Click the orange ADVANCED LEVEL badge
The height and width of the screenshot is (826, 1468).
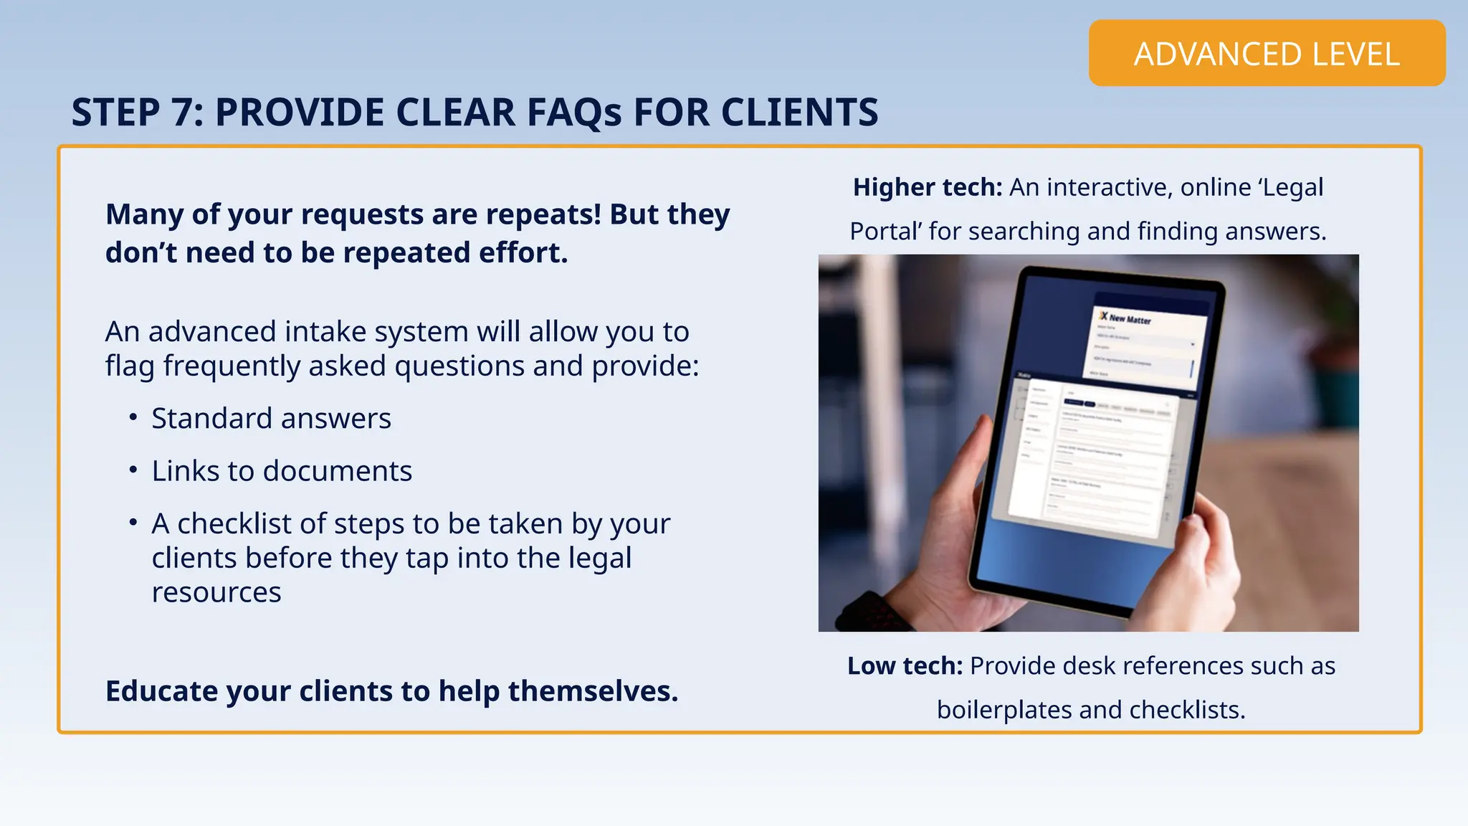pos(1267,54)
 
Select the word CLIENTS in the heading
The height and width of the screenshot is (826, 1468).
pos(799,113)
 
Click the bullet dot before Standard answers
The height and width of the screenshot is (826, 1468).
pos(133,417)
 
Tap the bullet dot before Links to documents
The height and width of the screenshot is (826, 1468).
pos(133,470)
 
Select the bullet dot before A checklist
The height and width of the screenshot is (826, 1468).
pos(133,523)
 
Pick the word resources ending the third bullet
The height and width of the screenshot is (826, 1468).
pos(216,592)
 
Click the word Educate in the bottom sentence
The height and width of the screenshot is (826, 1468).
pos(161,691)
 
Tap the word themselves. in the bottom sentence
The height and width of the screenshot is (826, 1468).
pos(593,691)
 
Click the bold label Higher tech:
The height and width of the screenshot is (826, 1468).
pos(927,187)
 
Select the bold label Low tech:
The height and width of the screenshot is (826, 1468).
pos(905,666)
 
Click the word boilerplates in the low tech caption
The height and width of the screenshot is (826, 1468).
pos(1004,710)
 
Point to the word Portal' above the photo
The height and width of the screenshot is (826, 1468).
pos(885,232)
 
